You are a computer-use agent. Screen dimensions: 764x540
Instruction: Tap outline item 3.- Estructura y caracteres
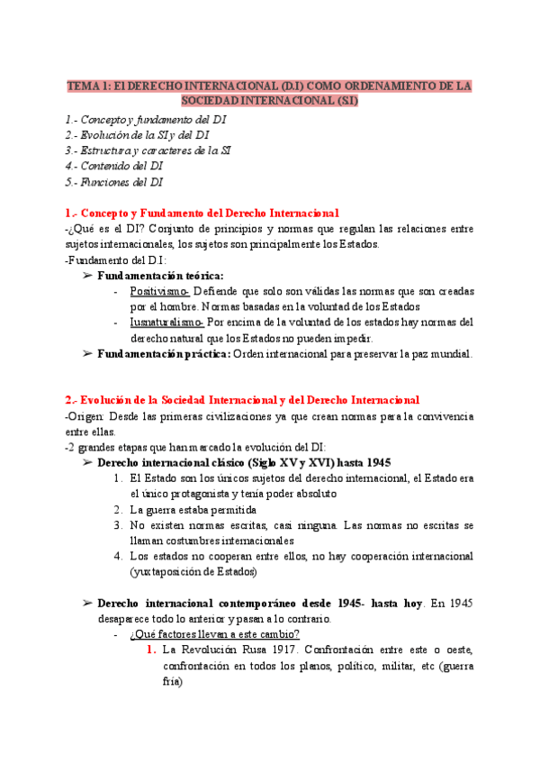click(x=148, y=150)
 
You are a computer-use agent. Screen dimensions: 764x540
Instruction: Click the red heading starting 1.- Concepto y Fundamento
click(x=202, y=213)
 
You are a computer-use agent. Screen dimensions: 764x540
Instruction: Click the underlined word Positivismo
click(x=159, y=292)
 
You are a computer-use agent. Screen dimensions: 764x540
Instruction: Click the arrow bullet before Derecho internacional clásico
click(x=87, y=463)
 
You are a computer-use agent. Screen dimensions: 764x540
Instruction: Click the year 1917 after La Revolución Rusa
click(x=283, y=650)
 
